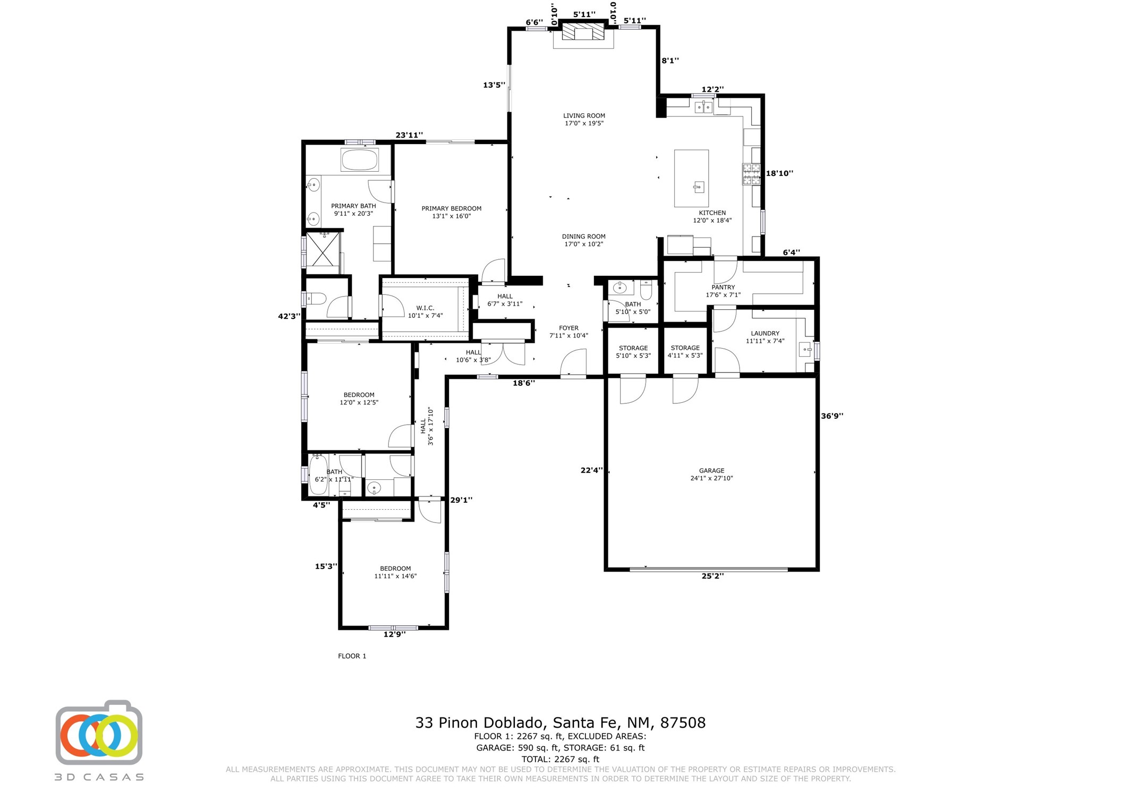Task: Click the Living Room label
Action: (x=583, y=119)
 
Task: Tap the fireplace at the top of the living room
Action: (x=583, y=31)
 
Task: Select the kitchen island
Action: (x=691, y=178)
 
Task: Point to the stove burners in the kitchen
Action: (x=751, y=174)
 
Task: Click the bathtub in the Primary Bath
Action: (x=359, y=159)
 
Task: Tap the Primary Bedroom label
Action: (x=451, y=212)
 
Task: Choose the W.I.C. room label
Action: (x=425, y=311)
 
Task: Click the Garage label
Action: (x=711, y=474)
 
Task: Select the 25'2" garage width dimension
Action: (x=712, y=576)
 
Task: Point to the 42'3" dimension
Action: (x=289, y=316)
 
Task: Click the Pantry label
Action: (x=723, y=291)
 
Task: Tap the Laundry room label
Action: (x=765, y=337)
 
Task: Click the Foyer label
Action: (x=568, y=332)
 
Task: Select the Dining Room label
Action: (x=583, y=240)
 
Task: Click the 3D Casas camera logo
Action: (x=99, y=732)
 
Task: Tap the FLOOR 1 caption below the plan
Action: (x=352, y=656)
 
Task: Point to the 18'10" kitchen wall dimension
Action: (x=779, y=173)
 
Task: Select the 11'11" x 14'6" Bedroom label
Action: (x=395, y=572)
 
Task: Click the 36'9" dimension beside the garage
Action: (x=832, y=416)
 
